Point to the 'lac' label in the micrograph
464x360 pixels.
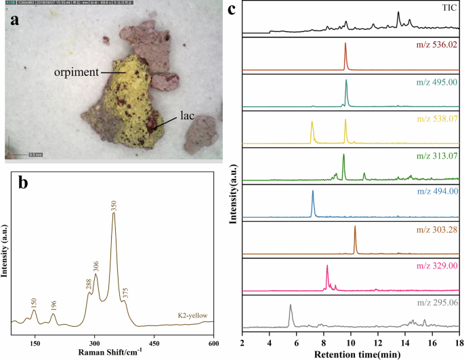(187, 116)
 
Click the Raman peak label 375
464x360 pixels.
(125, 292)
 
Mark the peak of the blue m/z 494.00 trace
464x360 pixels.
(313, 192)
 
